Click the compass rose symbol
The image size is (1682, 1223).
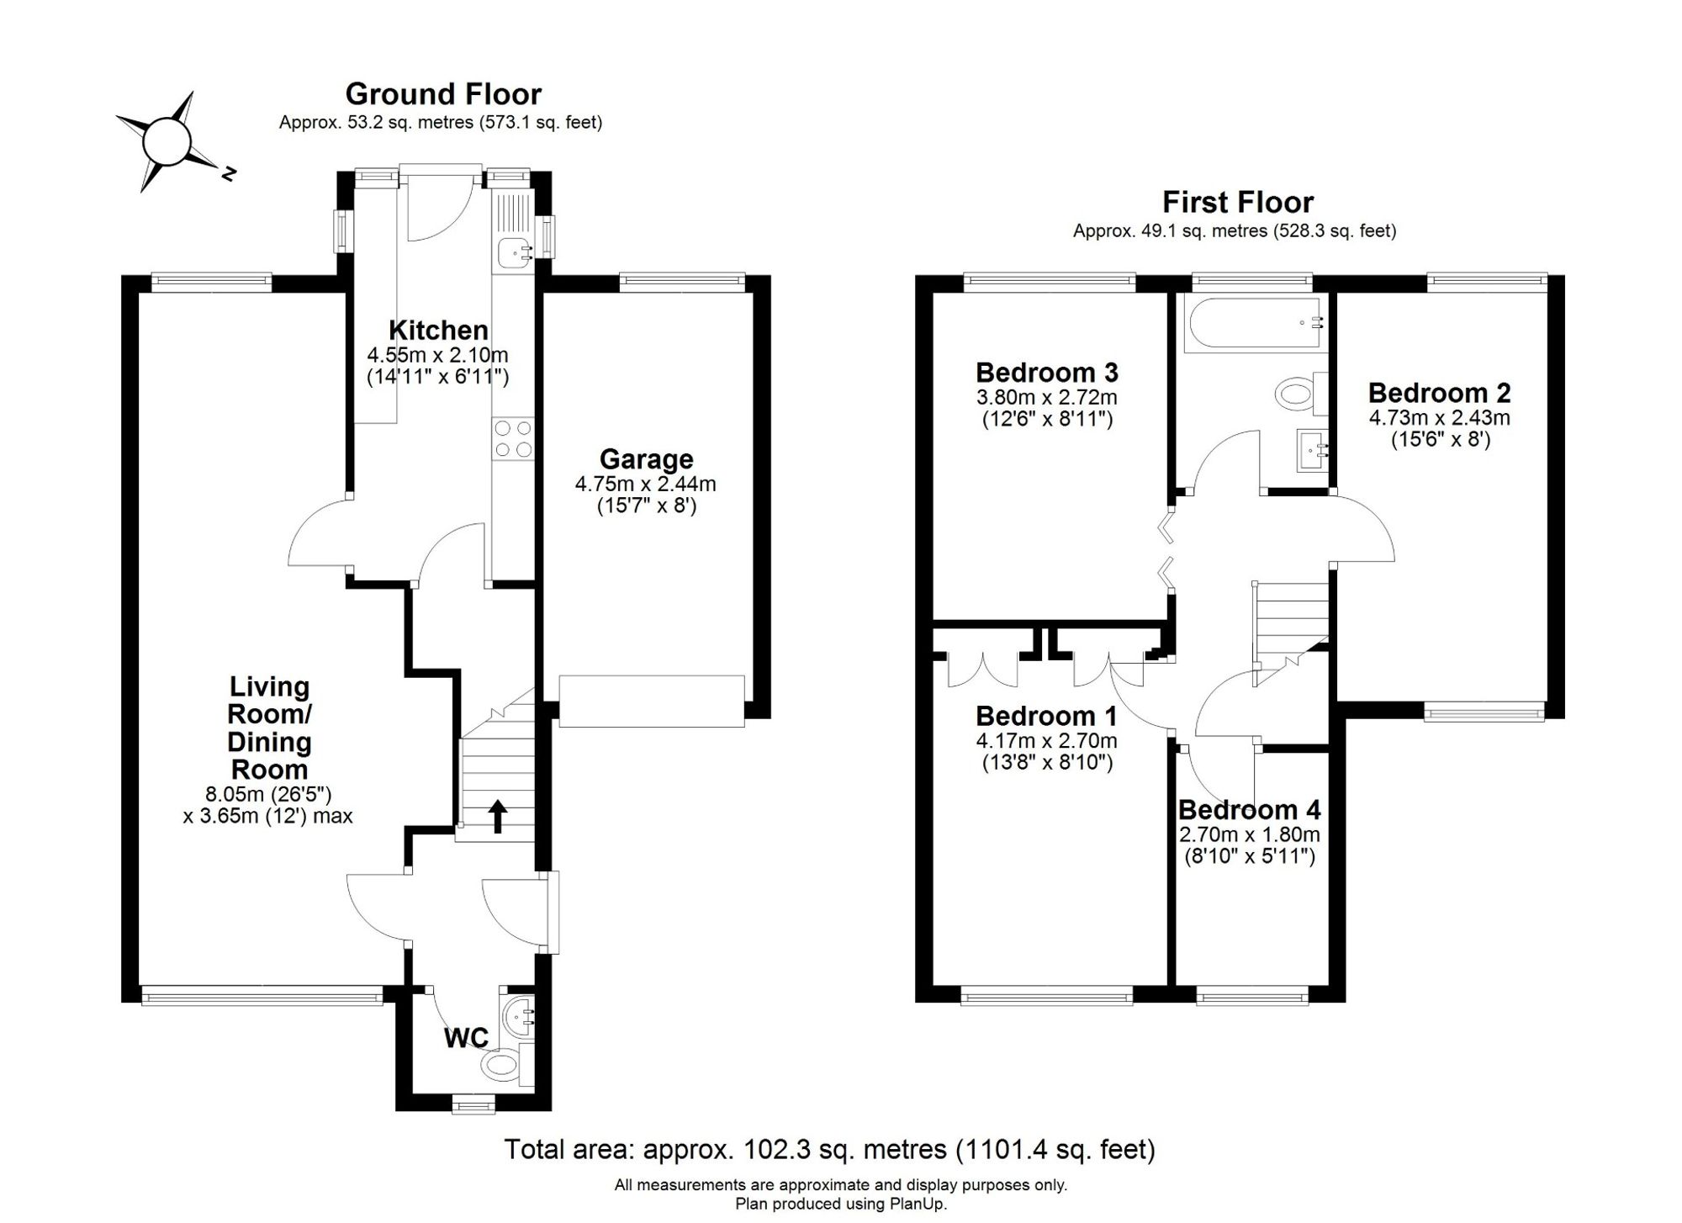click(167, 141)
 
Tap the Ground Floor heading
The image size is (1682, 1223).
click(443, 93)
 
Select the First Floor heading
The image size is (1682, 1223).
click(1238, 202)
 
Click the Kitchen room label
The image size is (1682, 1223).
click(438, 330)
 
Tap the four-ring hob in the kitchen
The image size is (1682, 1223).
click(513, 438)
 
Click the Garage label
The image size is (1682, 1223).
click(646, 459)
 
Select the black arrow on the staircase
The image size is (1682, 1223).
click(498, 816)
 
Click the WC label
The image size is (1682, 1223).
click(466, 1039)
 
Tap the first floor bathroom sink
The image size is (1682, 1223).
click(1313, 450)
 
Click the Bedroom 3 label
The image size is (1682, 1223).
click(1046, 372)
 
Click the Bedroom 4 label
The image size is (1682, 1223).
click(1249, 810)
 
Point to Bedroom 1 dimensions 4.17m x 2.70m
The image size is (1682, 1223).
click(1046, 741)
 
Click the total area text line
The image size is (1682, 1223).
click(829, 1149)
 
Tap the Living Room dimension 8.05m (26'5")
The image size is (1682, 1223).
click(268, 794)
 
